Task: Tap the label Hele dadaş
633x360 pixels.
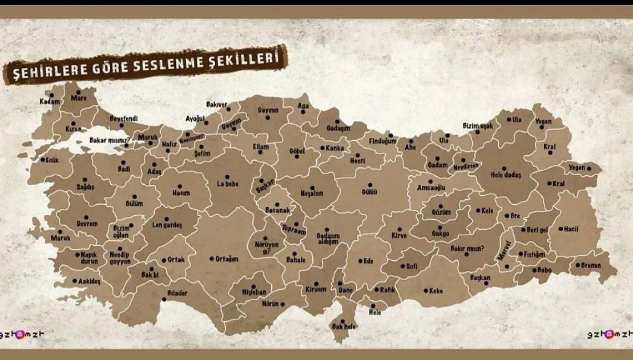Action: click(x=506, y=175)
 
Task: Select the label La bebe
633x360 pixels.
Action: click(x=227, y=184)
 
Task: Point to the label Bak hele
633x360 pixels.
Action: click(x=344, y=327)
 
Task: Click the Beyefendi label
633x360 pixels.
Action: click(x=124, y=118)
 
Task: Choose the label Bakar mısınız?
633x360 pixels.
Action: click(x=109, y=140)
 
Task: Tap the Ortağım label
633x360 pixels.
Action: click(x=227, y=259)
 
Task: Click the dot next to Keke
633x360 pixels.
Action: click(x=426, y=291)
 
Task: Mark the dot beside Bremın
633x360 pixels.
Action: click(x=578, y=265)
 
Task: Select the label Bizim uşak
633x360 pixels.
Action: click(x=478, y=126)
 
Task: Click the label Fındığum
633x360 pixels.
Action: click(x=382, y=141)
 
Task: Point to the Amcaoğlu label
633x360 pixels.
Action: click(x=431, y=187)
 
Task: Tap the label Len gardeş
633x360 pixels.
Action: click(x=167, y=225)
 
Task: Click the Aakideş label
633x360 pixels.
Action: click(x=89, y=281)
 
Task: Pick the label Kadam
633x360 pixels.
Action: click(x=50, y=101)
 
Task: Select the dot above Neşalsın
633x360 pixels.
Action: click(x=312, y=188)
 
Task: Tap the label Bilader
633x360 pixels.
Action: click(x=177, y=293)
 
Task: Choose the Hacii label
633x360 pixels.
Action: click(x=571, y=229)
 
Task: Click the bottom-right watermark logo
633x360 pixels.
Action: click(x=610, y=334)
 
